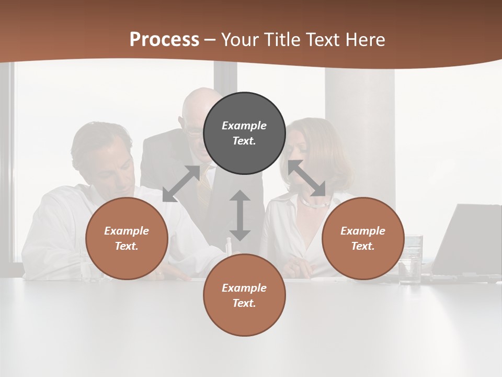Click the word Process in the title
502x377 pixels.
[164, 40]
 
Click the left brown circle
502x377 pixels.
[127, 239]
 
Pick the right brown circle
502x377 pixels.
[363, 239]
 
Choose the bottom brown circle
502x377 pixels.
[244, 295]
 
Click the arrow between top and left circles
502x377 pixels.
[181, 183]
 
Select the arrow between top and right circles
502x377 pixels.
[307, 178]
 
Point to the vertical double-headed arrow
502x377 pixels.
[240, 215]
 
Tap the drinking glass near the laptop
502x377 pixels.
[410, 259]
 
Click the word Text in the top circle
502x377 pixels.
[244, 141]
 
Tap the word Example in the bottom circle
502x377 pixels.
[244, 288]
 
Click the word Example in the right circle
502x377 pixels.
[363, 231]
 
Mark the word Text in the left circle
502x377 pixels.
[127, 246]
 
